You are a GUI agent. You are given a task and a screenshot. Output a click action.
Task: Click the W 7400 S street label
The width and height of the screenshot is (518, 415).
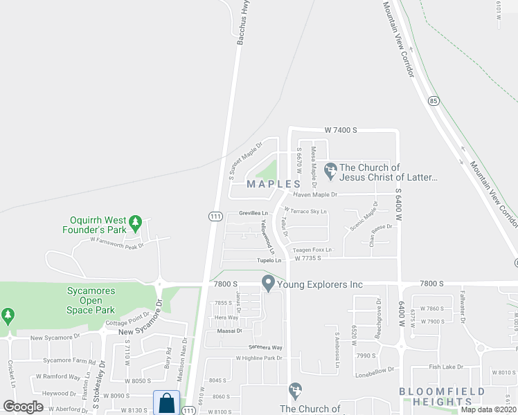(341, 130)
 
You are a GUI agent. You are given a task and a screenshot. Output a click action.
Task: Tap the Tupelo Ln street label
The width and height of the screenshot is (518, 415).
(269, 260)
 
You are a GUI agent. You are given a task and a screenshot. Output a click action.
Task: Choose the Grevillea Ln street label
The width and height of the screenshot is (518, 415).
(253, 213)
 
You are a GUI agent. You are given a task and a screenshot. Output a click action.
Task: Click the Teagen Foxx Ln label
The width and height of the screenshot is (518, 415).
(312, 250)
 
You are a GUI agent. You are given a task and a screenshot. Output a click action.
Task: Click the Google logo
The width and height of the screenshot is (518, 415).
(24, 407)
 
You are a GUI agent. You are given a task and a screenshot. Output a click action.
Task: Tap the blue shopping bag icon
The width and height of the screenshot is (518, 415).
(166, 403)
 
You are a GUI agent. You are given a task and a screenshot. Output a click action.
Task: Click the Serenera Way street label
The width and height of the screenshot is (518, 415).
(266, 347)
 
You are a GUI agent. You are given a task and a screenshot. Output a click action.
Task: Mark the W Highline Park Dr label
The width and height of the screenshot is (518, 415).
(260, 358)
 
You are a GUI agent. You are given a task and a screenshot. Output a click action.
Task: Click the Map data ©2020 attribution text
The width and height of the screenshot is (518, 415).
(488, 409)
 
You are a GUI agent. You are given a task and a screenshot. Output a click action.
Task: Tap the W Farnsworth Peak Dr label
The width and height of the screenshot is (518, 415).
(116, 244)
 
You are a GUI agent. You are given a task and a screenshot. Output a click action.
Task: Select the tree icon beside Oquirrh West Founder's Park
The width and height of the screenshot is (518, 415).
(137, 222)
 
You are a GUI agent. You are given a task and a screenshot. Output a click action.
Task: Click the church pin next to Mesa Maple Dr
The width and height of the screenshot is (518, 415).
(330, 168)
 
